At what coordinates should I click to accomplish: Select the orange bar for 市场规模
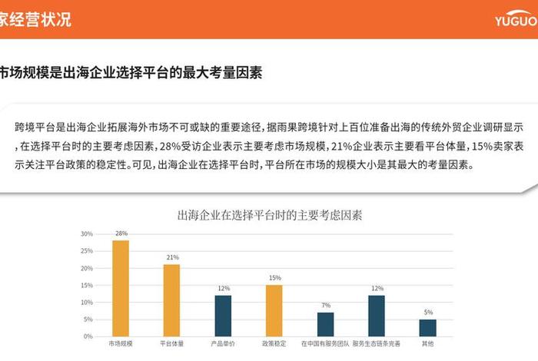tap(121, 288)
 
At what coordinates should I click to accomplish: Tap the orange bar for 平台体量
tap(172, 300)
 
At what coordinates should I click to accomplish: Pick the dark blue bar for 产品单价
tap(223, 316)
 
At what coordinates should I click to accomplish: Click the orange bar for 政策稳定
tap(274, 310)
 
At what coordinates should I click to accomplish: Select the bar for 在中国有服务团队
tap(326, 324)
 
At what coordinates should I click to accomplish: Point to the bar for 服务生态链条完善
tap(377, 316)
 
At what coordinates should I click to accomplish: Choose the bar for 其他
tap(428, 328)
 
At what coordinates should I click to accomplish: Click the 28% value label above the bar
tap(121, 233)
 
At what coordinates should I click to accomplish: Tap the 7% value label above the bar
tap(326, 306)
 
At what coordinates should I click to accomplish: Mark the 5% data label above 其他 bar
tap(428, 313)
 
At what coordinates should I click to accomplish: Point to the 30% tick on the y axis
tap(86, 233)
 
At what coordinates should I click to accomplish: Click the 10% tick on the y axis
tap(86, 302)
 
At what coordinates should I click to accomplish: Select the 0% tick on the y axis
tap(88, 336)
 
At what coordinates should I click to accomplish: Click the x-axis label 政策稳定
tap(274, 344)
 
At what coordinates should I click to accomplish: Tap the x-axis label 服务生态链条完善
tap(377, 344)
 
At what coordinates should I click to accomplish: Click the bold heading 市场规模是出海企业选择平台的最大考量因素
tap(131, 73)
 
